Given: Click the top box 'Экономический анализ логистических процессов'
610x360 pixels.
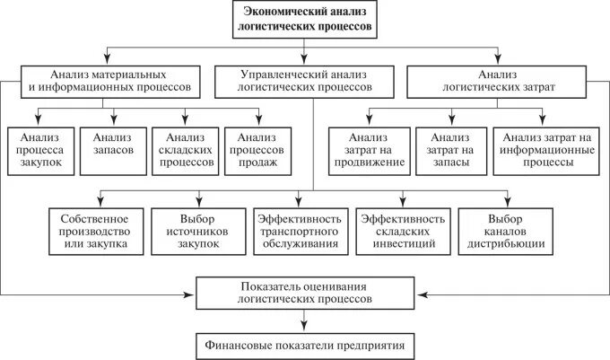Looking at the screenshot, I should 306,20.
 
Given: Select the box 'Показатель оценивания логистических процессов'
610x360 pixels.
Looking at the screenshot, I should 306,293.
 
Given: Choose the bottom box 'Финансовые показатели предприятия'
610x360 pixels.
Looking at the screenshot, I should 306,344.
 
